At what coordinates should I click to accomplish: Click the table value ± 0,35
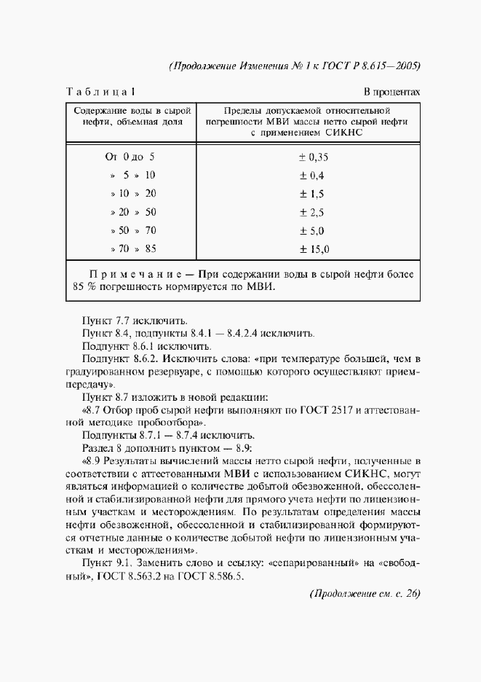tap(314, 157)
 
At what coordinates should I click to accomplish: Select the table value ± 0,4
tap(312, 176)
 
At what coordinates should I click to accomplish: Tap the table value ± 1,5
tap(312, 194)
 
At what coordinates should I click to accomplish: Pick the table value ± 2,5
tap(312, 213)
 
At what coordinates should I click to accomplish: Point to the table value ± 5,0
tap(312, 231)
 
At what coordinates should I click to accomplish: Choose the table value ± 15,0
tap(314, 250)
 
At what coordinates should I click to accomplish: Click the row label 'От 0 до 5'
tap(130, 157)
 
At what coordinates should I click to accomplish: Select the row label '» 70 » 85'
tap(133, 250)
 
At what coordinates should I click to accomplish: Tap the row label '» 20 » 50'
tap(133, 213)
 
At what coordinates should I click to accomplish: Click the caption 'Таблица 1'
tap(100, 93)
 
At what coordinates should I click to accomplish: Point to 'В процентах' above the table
tap(391, 93)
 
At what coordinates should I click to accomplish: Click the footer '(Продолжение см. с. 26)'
tap(365, 593)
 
